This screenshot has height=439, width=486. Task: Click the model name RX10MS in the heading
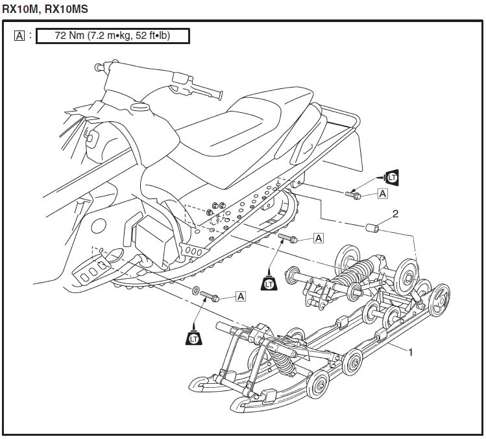point(66,8)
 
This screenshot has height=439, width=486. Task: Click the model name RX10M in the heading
point(18,8)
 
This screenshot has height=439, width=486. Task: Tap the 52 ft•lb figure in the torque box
point(149,36)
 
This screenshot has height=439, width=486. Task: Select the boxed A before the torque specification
point(19,36)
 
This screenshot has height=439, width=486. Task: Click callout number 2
point(395,213)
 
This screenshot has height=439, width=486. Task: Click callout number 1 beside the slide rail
point(410,351)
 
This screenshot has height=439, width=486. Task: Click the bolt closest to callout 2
point(354,193)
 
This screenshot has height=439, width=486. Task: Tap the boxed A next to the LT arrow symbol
point(383,193)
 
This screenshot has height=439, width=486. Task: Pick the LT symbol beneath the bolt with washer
point(193,337)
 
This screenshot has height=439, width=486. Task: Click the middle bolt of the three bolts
point(288,239)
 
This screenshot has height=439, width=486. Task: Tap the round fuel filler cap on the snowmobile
point(137,106)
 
